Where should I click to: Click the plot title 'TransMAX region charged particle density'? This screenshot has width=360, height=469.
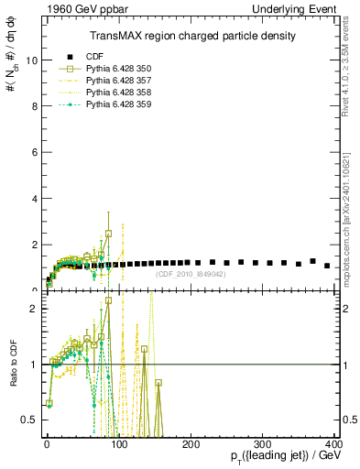[x=192, y=36]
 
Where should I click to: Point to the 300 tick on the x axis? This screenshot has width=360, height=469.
[x=263, y=444]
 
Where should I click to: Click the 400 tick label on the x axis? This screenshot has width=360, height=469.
[x=333, y=444]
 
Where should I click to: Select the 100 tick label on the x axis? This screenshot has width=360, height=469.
[x=119, y=444]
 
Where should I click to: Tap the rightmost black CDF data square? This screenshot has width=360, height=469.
[x=327, y=266]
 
